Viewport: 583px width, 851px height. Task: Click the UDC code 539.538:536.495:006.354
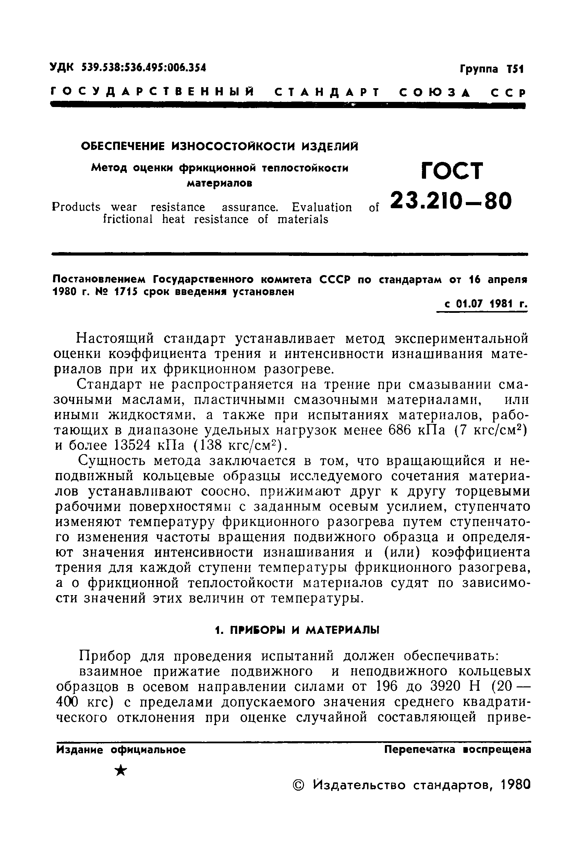[x=144, y=68]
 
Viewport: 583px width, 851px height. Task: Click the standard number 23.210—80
[x=451, y=201]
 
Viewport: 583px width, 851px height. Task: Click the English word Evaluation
[x=322, y=208]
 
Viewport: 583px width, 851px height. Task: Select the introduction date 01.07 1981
[x=481, y=304]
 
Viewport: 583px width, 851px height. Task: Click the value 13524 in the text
[x=132, y=445]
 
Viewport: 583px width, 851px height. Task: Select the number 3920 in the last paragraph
[x=446, y=686]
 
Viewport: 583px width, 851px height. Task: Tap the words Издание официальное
[x=121, y=749]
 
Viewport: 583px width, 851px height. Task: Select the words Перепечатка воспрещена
[x=458, y=749]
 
